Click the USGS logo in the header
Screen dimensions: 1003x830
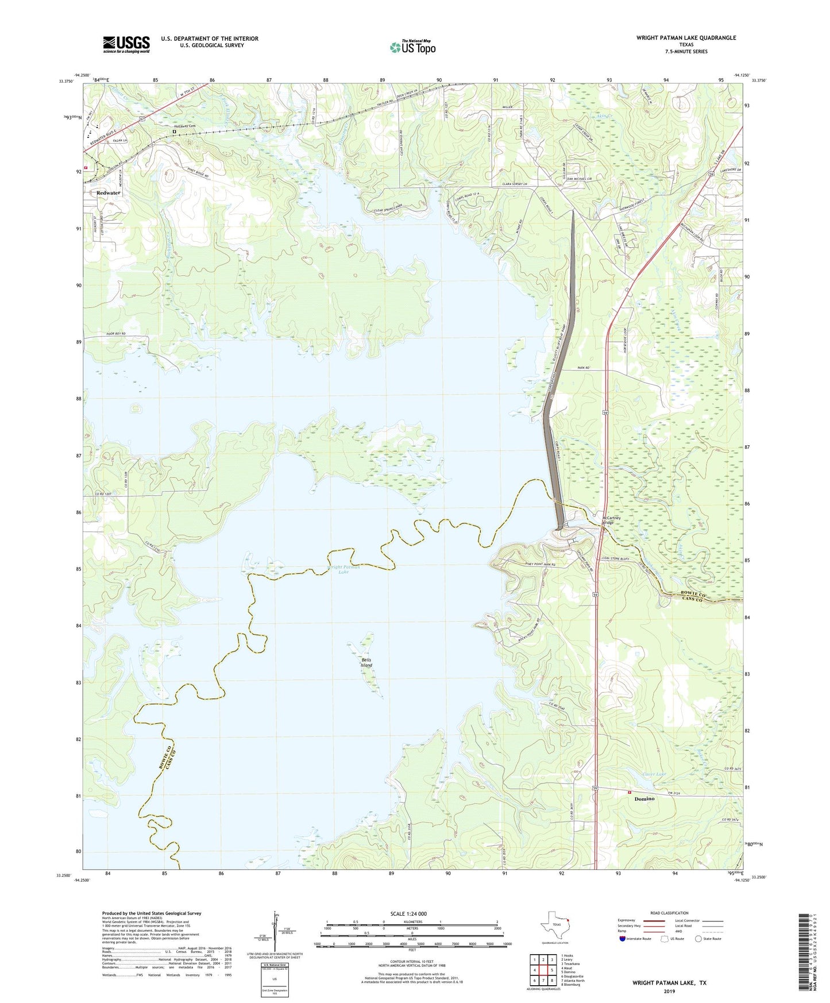[126, 44]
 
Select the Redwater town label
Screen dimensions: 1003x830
[109, 193]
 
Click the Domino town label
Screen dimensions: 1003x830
[644, 799]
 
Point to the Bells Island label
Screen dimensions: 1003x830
[366, 662]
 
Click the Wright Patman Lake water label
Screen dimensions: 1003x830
[343, 569]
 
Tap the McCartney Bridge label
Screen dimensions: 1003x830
[609, 519]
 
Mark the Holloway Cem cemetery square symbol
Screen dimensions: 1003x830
[174, 132]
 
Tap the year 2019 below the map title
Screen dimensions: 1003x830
[669, 991]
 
